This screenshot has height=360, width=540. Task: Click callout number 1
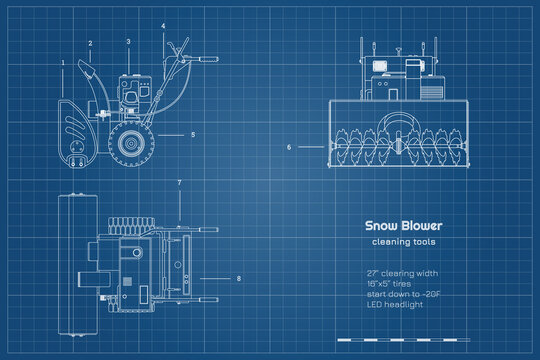[x=62, y=62]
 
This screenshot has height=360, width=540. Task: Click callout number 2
[x=90, y=43]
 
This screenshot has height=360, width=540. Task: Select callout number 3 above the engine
[x=128, y=41]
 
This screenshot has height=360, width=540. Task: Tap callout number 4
[x=163, y=25]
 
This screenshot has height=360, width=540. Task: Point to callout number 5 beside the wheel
[x=193, y=134]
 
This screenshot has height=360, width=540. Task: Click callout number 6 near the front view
[x=289, y=147]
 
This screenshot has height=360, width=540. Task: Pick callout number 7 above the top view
[x=179, y=182]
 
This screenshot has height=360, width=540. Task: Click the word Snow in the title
[x=380, y=226]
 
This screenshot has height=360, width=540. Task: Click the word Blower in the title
[x=421, y=226]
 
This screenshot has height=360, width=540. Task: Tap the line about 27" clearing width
[x=403, y=272]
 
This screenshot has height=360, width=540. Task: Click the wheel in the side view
[x=129, y=143]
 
